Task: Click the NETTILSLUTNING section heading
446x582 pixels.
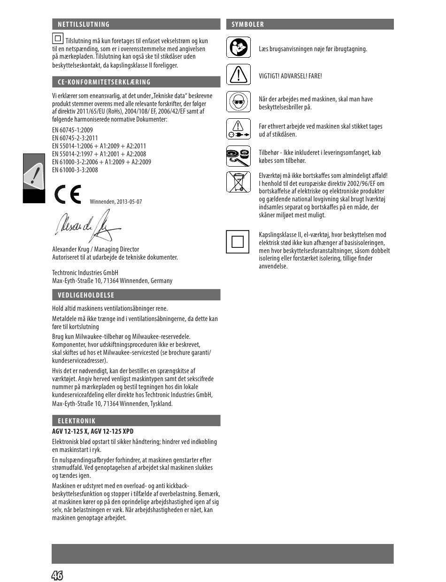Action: click(84, 24)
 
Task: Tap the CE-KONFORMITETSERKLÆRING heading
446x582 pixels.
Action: click(104, 82)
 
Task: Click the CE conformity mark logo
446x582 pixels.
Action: click(67, 195)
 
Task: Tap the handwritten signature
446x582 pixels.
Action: click(87, 228)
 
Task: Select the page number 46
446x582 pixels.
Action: click(57, 575)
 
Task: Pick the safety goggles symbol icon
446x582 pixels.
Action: click(238, 102)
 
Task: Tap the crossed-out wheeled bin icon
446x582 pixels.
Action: click(238, 182)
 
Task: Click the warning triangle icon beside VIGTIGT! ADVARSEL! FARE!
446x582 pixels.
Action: click(238, 75)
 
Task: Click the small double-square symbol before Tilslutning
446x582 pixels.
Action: click(58, 38)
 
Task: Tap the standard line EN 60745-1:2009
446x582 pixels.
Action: click(72, 130)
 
